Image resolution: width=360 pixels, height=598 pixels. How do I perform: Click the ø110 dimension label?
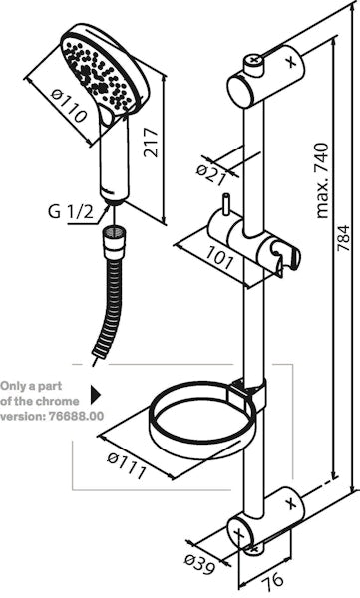tap(68, 105)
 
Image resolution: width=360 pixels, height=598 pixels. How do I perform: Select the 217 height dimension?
tap(150, 143)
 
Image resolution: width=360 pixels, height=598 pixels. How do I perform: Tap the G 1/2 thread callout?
tap(71, 212)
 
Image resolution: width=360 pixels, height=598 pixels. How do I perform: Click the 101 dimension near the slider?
tap(219, 257)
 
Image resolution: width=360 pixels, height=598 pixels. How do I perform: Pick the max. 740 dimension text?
tap(322, 180)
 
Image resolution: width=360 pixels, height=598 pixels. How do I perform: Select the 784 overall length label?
tap(343, 238)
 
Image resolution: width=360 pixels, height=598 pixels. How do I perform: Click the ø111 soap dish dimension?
tap(127, 465)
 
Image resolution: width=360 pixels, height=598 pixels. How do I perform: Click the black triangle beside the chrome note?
tap(96, 395)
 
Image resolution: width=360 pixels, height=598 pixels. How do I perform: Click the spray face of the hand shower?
tap(100, 74)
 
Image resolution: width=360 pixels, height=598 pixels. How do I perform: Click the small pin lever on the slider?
tap(226, 204)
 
